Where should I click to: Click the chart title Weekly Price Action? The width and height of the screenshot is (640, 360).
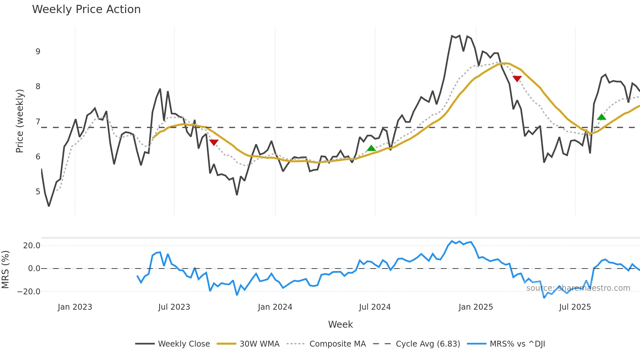pyautogui.click(x=86, y=9)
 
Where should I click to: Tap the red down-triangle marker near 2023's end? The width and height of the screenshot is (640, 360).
pyautogui.click(x=214, y=142)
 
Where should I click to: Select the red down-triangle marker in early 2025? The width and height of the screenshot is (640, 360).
pyautogui.click(x=517, y=79)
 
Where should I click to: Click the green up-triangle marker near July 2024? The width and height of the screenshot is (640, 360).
pyautogui.click(x=371, y=148)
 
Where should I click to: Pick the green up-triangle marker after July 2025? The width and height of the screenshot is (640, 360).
pyautogui.click(x=601, y=117)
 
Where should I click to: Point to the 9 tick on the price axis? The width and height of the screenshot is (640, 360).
pyautogui.click(x=38, y=52)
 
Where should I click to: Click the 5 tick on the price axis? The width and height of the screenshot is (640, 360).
pyautogui.click(x=38, y=192)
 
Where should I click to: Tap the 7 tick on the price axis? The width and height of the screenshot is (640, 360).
pyautogui.click(x=38, y=122)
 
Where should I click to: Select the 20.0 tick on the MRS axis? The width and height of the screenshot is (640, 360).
pyautogui.click(x=32, y=246)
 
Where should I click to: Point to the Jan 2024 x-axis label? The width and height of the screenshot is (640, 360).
pyautogui.click(x=275, y=307)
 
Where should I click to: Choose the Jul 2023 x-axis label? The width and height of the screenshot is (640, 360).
pyautogui.click(x=174, y=307)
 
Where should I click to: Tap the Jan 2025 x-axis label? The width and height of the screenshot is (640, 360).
pyautogui.click(x=475, y=307)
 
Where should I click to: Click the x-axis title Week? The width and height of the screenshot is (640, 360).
pyautogui.click(x=340, y=324)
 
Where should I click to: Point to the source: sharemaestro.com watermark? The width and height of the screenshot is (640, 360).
pyautogui.click(x=578, y=288)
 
